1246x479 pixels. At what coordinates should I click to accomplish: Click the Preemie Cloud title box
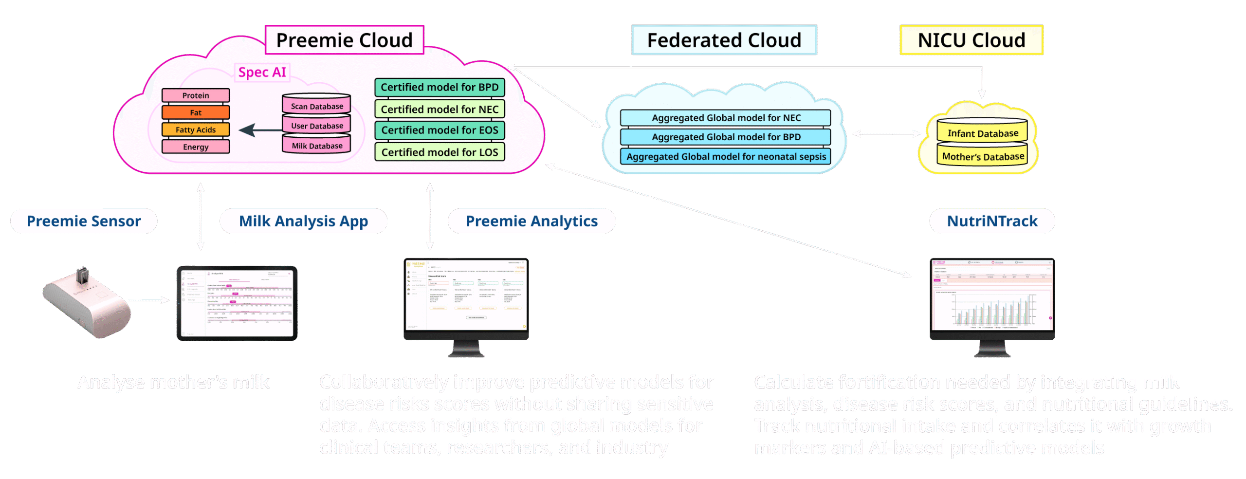344,40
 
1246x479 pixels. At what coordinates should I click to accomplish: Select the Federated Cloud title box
724,40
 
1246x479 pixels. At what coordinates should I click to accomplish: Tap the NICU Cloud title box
971,40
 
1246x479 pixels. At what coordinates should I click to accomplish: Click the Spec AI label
262,72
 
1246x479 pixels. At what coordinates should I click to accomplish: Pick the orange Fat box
196,112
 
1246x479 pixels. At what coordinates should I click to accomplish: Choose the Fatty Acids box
196,129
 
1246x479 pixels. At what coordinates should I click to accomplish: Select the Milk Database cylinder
317,145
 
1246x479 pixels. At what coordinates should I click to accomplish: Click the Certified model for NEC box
440,109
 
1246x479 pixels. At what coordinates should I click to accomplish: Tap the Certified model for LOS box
440,152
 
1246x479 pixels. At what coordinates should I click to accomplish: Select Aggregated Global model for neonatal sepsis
726,156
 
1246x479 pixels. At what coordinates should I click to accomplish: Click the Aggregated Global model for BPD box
726,137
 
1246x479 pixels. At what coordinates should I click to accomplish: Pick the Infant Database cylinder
982,132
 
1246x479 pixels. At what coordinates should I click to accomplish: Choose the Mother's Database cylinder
983,156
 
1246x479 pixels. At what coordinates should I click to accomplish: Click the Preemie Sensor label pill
84,221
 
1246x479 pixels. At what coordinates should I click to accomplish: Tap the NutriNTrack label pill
992,221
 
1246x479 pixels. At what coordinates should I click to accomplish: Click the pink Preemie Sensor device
88,304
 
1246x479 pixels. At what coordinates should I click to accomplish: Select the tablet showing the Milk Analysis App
237,303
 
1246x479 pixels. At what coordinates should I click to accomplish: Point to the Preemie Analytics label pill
531,221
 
